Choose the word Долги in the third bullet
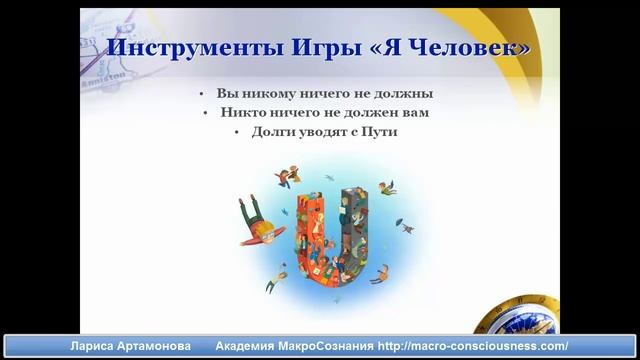tap(273, 132)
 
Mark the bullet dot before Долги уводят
tap(238, 132)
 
